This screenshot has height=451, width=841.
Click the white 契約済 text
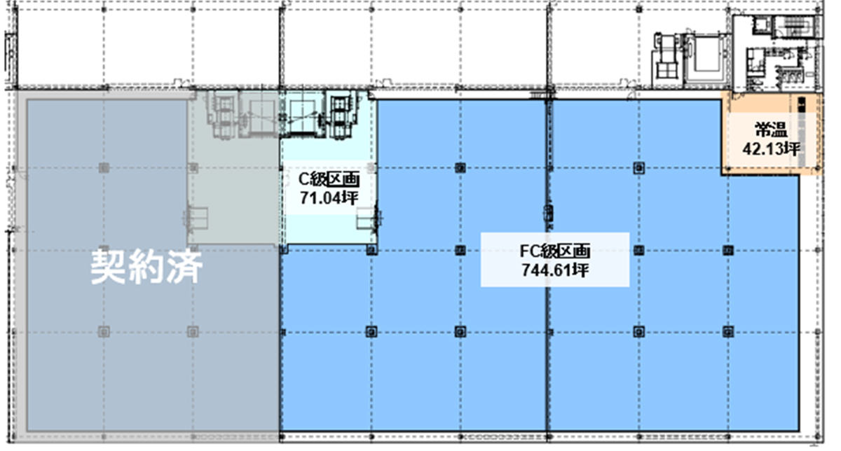[146, 267]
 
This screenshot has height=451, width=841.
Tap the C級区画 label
[329, 179]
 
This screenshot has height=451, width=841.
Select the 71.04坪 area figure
[329, 197]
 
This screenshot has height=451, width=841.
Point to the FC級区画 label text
[555, 251]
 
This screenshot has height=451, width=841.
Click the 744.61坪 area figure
[555, 270]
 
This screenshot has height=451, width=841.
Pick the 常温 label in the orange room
[771, 130]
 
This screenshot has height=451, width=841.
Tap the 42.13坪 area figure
[771, 149]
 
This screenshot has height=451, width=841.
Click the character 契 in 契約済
[108, 267]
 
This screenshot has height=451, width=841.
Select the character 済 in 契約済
[185, 267]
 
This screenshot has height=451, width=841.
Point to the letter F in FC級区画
[524, 251]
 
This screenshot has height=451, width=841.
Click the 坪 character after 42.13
[792, 149]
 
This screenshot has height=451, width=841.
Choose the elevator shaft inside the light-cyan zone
[302, 113]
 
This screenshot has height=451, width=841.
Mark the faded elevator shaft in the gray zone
[259, 113]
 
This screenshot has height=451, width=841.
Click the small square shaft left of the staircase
[759, 25]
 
